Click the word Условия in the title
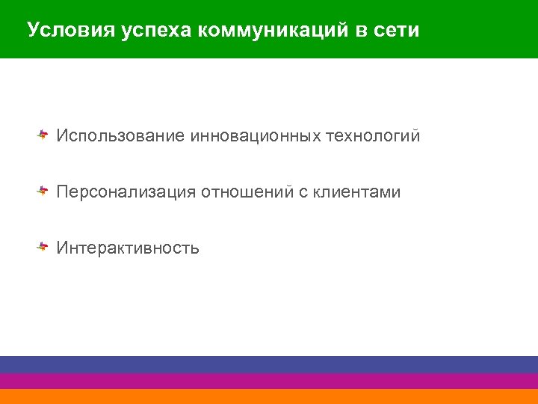point(62,31)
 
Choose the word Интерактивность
point(128,248)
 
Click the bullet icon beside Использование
point(43,135)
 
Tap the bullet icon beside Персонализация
point(43,191)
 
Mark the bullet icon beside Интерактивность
point(43,246)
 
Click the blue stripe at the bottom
point(269,364)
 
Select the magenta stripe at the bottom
point(269,381)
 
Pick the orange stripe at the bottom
point(269,397)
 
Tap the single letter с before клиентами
point(303,192)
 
